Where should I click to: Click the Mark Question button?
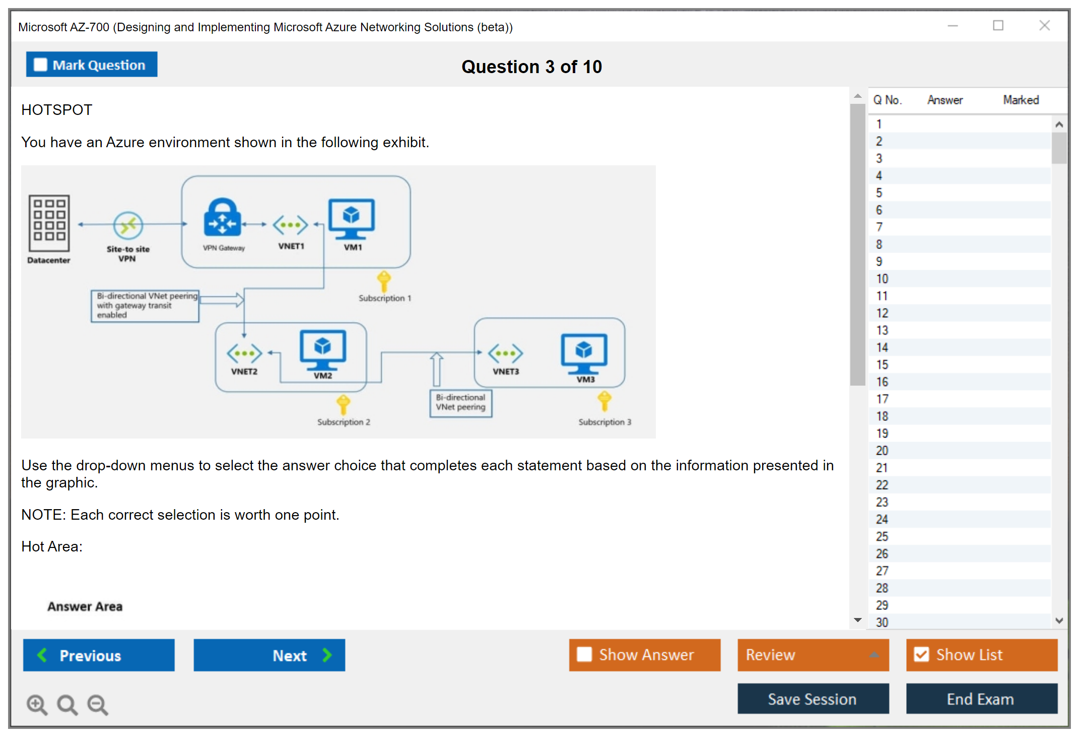point(92,65)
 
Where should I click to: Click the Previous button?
point(99,655)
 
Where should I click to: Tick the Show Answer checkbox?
point(584,654)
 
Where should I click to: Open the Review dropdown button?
point(813,655)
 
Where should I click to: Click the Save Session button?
point(813,699)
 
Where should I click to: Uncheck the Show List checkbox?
point(921,654)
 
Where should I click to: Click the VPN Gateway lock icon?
point(222,218)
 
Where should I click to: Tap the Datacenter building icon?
point(49,223)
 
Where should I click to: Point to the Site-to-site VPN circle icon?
point(128,225)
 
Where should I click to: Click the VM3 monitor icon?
point(584,353)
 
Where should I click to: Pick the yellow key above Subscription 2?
point(344,404)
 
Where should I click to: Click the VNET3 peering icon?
point(505,353)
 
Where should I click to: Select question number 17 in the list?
point(882,399)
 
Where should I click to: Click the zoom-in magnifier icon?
point(37,704)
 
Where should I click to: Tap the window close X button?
point(1044,26)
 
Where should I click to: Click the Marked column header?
point(1021,100)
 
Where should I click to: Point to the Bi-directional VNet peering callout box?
point(460,403)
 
